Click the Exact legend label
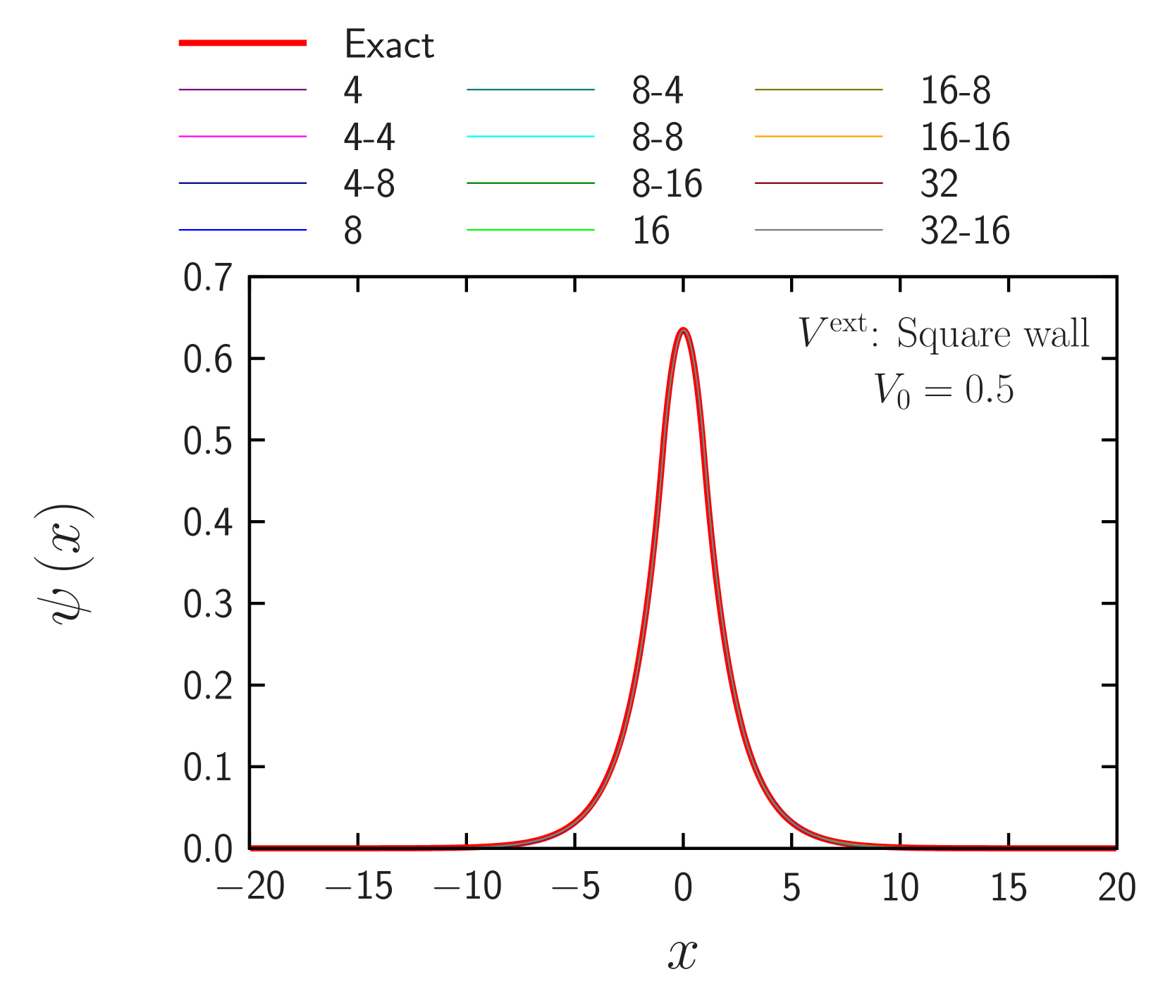389,44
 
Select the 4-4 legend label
369,137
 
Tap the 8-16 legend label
667,184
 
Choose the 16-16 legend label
965,137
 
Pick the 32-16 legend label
965,230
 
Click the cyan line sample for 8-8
530,136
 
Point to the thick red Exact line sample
242,43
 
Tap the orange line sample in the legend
818,136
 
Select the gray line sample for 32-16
818,230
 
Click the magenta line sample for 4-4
242,136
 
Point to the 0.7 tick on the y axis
207,278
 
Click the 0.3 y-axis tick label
207,605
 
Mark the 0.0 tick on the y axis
207,849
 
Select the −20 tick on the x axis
251,887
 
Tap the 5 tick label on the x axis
791,887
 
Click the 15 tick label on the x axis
1008,887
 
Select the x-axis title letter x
682,955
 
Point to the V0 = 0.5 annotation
943,390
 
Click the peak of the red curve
682,329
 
